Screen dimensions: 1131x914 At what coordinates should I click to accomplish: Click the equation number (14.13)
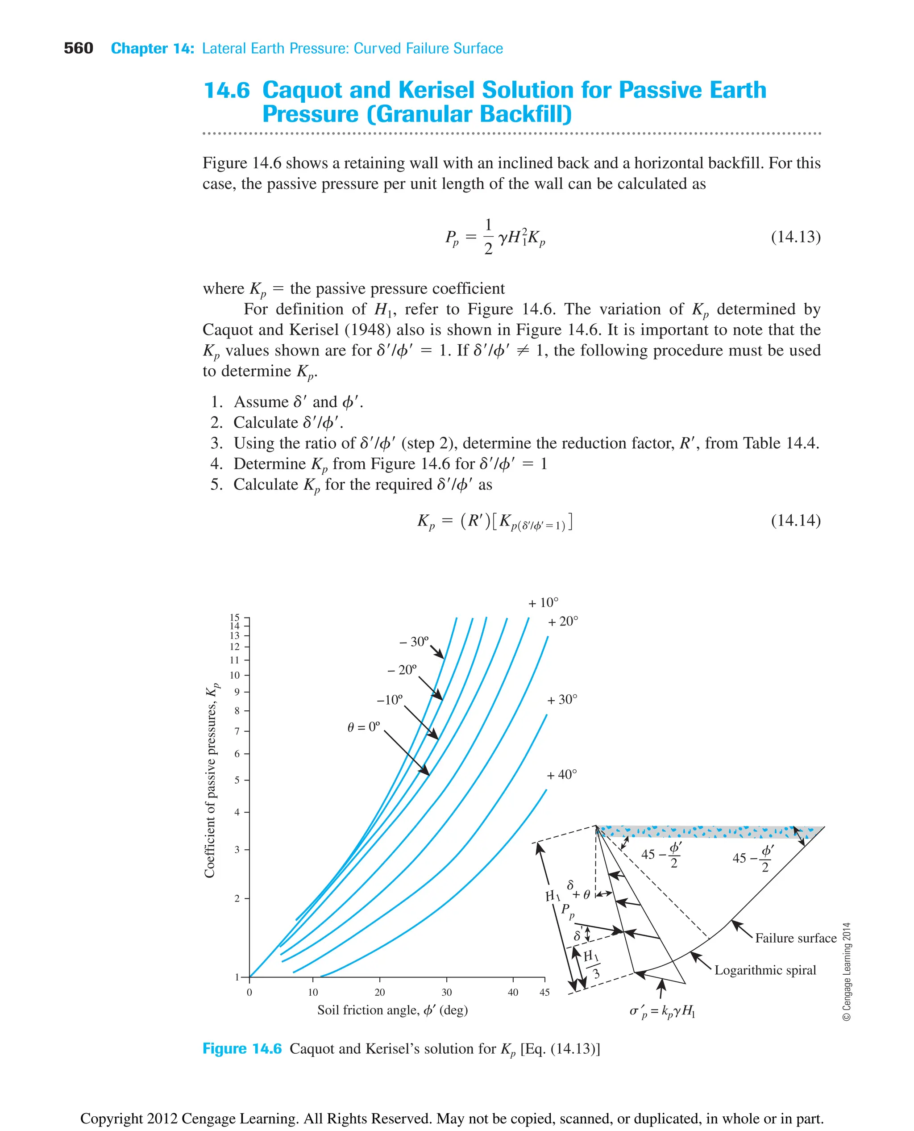(795, 237)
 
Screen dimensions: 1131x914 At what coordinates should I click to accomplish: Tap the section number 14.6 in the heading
(226, 90)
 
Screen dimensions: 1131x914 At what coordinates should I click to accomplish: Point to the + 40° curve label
(561, 774)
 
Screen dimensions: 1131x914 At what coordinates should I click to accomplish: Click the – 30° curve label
(414, 641)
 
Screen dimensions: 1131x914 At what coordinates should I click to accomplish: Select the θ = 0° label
(363, 727)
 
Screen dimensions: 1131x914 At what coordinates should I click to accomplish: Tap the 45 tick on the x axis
(544, 993)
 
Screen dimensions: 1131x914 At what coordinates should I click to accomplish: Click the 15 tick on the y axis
(234, 617)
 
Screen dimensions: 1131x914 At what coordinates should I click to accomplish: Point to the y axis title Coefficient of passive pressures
(211, 780)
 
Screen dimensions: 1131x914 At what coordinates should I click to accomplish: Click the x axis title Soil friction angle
(392, 1010)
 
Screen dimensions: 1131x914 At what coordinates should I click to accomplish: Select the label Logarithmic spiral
(764, 970)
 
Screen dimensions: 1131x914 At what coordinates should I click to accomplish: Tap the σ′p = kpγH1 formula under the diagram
(662, 1011)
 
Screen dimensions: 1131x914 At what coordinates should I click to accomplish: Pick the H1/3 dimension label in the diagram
(591, 964)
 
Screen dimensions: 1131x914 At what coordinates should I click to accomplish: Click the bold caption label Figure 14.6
(242, 1048)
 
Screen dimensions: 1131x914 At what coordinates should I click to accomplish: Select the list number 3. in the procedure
(216, 443)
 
